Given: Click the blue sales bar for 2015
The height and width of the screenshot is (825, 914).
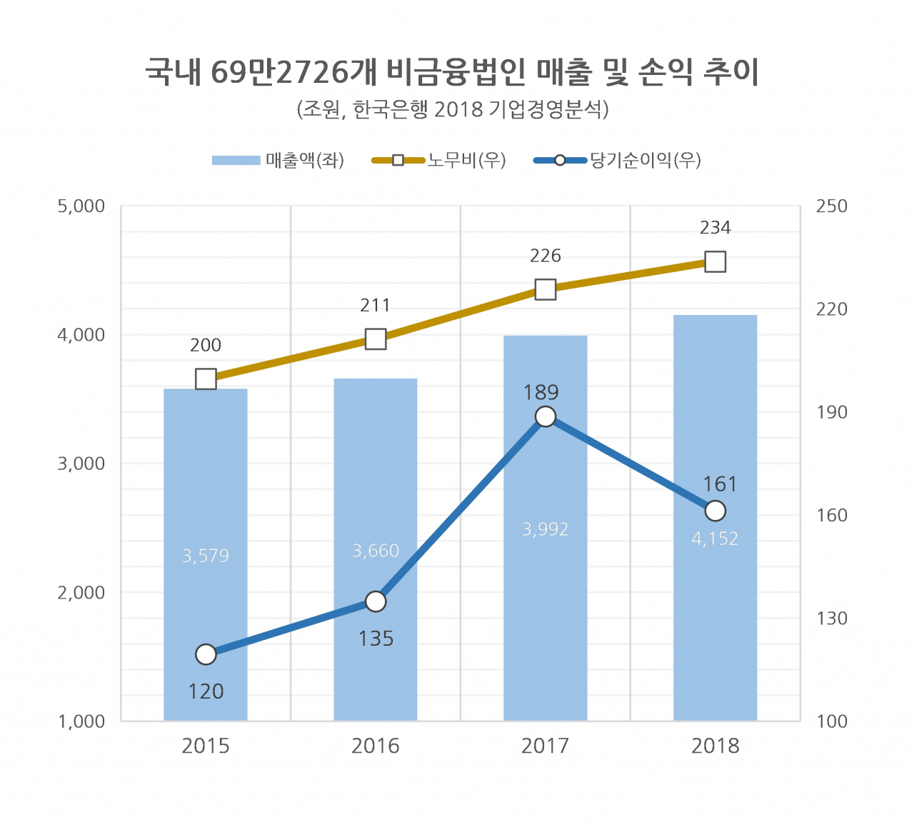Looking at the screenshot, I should click(206, 500).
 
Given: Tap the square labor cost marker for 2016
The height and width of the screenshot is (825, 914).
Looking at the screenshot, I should click(376, 339).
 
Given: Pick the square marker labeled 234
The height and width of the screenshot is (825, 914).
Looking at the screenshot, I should click(715, 262).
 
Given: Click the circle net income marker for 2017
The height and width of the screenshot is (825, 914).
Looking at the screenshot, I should click(546, 416).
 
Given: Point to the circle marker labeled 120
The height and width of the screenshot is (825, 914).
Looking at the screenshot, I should click(206, 654).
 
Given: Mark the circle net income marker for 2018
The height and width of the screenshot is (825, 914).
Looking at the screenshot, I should click(715, 511).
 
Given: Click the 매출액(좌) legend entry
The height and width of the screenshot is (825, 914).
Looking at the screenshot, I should click(278, 160).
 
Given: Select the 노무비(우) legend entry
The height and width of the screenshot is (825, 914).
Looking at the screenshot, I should click(438, 160).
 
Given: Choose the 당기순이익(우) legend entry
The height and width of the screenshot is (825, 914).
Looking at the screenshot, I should click(618, 160).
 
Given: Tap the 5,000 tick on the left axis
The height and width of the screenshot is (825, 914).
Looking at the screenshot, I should click(81, 206).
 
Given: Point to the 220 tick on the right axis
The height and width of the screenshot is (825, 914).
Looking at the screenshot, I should click(832, 309).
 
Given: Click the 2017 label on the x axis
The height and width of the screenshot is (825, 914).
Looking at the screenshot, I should click(545, 746).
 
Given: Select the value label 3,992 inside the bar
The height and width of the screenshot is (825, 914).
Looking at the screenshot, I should click(545, 529).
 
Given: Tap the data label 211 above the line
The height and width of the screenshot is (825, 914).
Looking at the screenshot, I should click(375, 306).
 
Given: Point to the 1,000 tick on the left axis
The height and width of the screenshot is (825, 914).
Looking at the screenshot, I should click(81, 721).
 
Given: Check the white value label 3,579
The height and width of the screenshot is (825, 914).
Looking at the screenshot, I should click(206, 556).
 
